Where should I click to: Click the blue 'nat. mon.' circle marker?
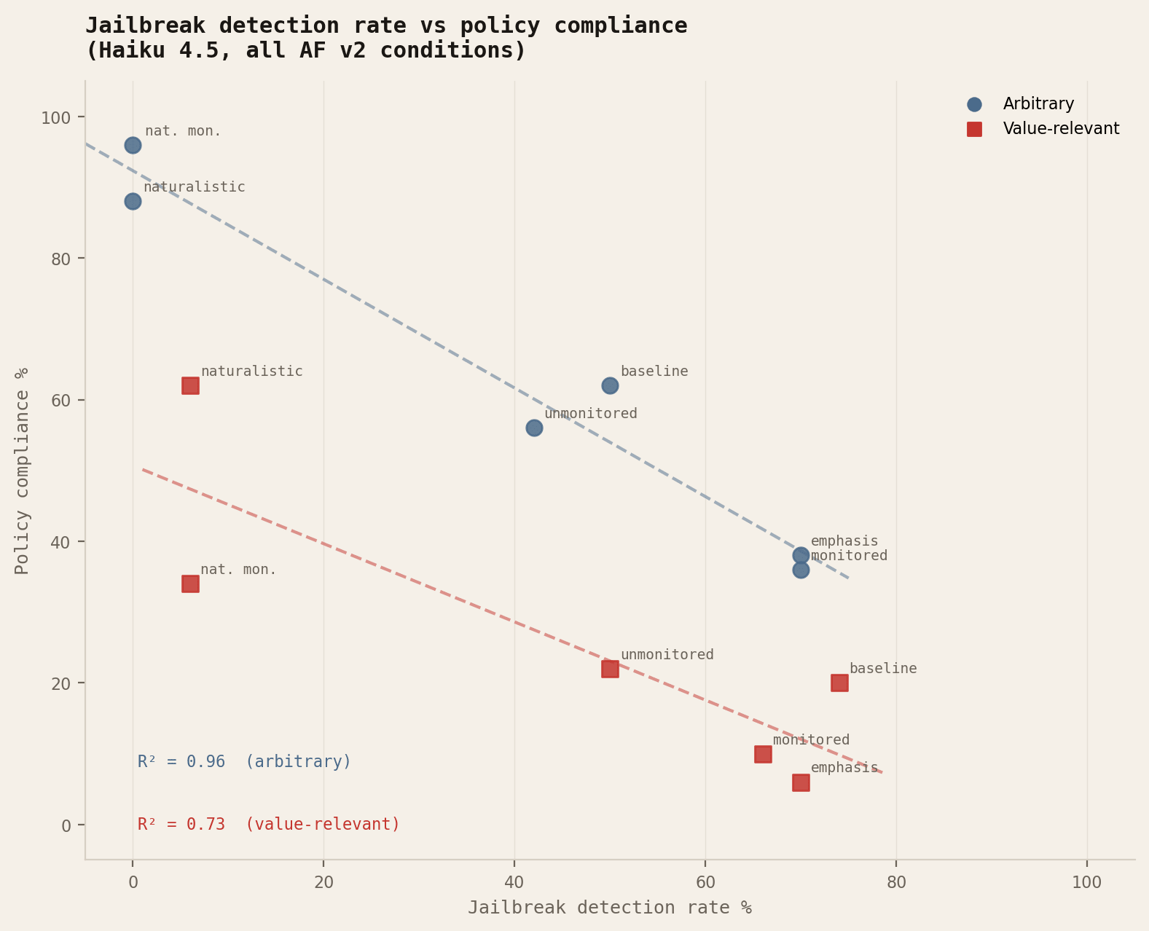point(133,145)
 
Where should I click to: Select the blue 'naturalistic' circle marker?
point(133,201)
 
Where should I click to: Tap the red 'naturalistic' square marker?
point(190,385)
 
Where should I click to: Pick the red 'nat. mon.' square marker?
point(190,584)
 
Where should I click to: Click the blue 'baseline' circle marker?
point(610,385)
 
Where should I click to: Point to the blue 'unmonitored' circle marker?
point(534,428)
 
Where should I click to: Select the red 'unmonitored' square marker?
point(610,669)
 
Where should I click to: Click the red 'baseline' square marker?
point(839,683)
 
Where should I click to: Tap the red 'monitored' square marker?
point(763,754)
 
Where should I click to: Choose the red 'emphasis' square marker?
point(801,782)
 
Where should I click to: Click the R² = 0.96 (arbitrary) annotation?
point(244,762)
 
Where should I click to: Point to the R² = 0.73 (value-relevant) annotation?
point(268,825)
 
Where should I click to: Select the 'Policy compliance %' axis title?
point(23,470)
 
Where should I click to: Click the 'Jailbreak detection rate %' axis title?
point(609,908)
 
